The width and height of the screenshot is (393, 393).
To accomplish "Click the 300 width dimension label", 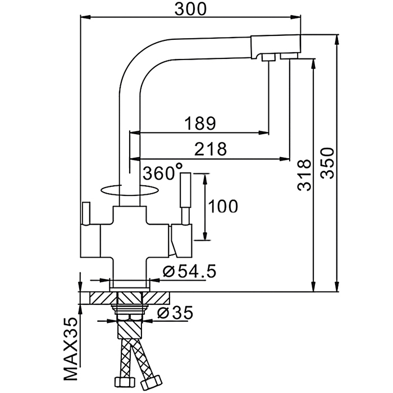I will (x=190, y=9).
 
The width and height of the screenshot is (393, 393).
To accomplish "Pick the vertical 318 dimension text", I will (x=304, y=176).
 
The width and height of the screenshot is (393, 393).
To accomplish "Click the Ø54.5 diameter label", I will (x=189, y=272).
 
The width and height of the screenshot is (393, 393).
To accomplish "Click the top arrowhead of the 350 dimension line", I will (x=337, y=39).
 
